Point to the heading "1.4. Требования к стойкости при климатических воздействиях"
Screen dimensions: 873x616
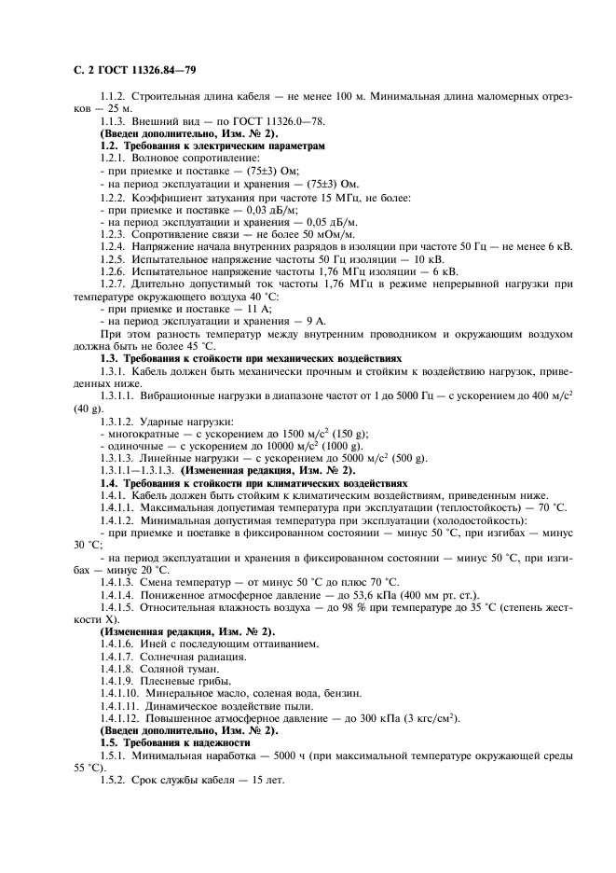pyautogui.click(x=253, y=483)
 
